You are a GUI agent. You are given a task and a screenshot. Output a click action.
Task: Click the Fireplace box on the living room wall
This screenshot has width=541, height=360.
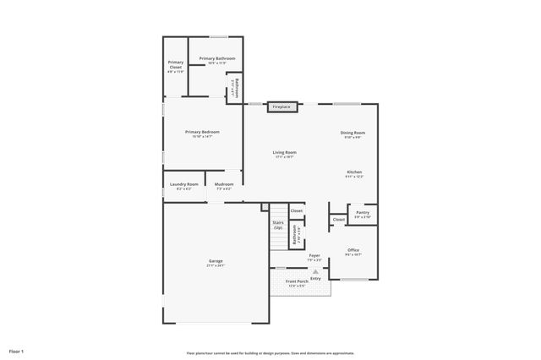click(281, 107)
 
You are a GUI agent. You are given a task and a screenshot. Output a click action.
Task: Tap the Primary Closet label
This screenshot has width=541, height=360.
click(175, 63)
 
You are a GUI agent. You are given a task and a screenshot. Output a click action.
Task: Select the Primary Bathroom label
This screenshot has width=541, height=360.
click(217, 58)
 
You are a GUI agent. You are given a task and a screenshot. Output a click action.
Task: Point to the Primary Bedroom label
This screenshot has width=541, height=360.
click(203, 132)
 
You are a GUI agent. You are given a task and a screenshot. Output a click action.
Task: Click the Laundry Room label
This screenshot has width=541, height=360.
click(183, 184)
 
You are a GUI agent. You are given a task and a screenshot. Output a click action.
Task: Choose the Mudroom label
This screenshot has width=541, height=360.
click(224, 184)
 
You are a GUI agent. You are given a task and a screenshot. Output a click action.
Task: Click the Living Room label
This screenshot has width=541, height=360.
click(284, 153)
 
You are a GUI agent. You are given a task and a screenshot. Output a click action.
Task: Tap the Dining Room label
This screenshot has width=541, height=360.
click(352, 133)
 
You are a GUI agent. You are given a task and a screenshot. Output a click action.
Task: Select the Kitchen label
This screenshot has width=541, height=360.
click(353, 172)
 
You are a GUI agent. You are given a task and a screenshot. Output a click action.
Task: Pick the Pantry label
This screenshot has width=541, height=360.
click(362, 213)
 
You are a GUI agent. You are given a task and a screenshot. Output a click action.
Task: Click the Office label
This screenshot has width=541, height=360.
click(353, 249)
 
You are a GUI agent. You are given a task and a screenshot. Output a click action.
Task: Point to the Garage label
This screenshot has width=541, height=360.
click(216, 261)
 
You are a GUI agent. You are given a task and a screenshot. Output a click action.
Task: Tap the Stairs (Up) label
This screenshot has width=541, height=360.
click(277, 225)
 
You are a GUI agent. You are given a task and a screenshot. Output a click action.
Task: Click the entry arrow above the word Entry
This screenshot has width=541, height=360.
click(315, 270)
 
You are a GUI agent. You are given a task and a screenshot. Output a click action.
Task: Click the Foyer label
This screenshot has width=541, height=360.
click(314, 254)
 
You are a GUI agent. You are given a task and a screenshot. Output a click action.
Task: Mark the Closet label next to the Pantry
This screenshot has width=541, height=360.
click(338, 219)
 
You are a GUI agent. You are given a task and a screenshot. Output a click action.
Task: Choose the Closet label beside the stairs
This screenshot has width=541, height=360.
click(296, 210)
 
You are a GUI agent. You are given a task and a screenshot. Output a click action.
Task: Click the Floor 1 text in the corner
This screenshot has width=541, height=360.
click(16, 350)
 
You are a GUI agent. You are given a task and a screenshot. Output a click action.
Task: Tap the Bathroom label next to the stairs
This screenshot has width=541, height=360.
click(295, 233)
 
